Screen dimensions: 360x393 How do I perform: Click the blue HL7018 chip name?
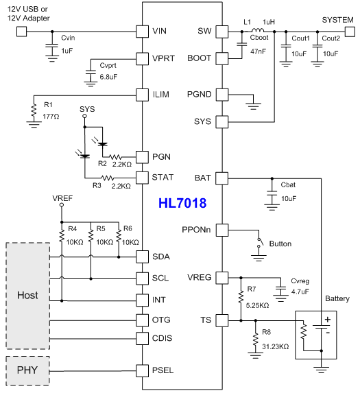(182, 203)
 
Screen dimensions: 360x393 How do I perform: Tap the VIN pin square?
(142, 32)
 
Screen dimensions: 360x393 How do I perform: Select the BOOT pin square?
(222, 58)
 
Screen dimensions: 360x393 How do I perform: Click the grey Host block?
(28, 296)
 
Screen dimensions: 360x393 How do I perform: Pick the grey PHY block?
(27, 370)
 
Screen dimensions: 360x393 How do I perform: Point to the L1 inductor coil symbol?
(258, 30)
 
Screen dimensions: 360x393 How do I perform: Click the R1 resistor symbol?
(34, 110)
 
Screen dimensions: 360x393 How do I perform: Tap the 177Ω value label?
(51, 117)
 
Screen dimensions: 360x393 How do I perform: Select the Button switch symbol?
(261, 242)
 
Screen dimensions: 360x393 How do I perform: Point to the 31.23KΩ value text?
(276, 346)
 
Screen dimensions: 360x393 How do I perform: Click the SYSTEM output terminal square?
(350, 32)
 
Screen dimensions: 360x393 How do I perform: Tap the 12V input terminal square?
(21, 32)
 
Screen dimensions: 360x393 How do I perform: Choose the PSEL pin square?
(142, 370)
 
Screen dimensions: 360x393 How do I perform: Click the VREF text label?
(62, 198)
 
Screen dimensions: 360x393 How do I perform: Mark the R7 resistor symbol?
(241, 297)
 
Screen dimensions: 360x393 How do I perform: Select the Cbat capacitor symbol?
(272, 193)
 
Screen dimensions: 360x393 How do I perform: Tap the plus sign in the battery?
(328, 320)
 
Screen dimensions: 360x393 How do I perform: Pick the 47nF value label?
(258, 51)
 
